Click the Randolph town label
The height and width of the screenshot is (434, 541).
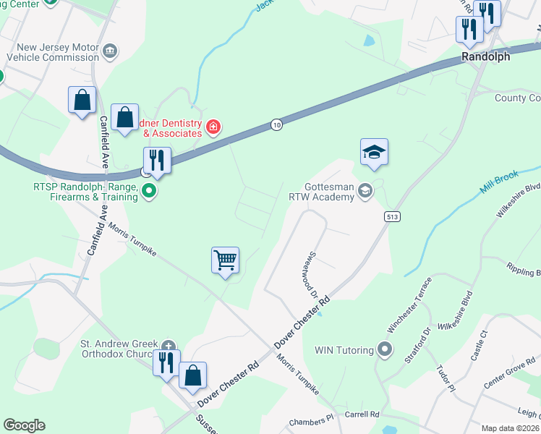point(486,56)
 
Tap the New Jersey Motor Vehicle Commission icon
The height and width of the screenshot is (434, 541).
point(110,50)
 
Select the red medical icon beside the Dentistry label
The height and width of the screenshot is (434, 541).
point(213,128)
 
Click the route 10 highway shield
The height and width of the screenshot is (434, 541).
point(277,125)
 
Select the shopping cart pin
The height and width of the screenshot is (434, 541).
point(225,260)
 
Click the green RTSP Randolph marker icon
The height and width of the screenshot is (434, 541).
point(150,192)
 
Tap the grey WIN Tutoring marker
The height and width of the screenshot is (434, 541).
point(385,350)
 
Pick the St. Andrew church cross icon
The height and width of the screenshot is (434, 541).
point(169,345)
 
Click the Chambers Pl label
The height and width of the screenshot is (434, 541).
point(311,420)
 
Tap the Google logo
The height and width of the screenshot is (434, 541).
point(24,425)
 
